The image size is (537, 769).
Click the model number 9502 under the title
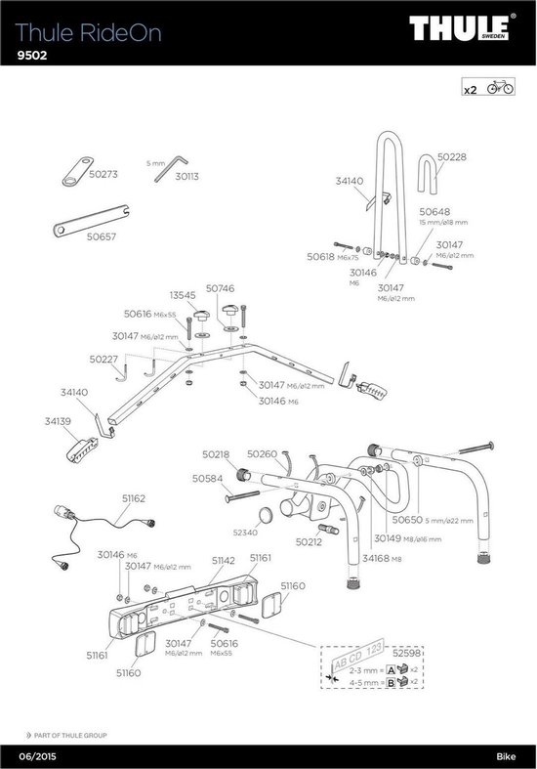[x=33, y=56]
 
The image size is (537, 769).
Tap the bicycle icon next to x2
[x=498, y=89]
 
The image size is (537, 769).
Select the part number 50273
[x=103, y=175]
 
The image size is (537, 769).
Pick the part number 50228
[x=451, y=156]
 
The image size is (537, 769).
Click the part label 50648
[x=434, y=211]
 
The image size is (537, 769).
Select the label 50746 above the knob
[x=220, y=289]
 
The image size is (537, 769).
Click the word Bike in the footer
[x=511, y=755]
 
